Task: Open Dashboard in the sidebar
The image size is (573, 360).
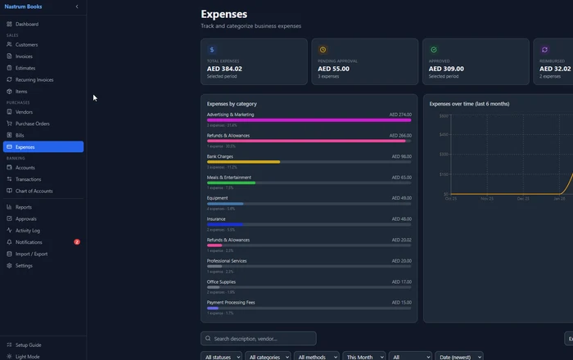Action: [26, 24]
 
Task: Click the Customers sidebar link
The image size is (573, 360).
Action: [26, 44]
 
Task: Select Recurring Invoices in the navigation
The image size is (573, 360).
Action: [34, 79]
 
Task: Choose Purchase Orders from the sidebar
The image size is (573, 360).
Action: [32, 124]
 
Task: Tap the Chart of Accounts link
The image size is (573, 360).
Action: [34, 191]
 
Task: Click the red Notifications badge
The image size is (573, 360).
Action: [77, 242]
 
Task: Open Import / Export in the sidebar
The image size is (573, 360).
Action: [31, 254]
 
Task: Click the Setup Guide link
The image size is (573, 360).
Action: [28, 345]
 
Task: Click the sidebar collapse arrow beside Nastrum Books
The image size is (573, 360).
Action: [77, 7]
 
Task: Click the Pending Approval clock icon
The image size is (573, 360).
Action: [323, 50]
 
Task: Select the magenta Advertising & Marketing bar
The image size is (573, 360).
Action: [309, 120]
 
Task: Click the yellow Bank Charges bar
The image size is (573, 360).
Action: [243, 162]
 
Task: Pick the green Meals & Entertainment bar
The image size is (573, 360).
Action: [231, 182]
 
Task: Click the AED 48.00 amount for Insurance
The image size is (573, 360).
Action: [400, 219]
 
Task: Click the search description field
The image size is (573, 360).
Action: [260, 339]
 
